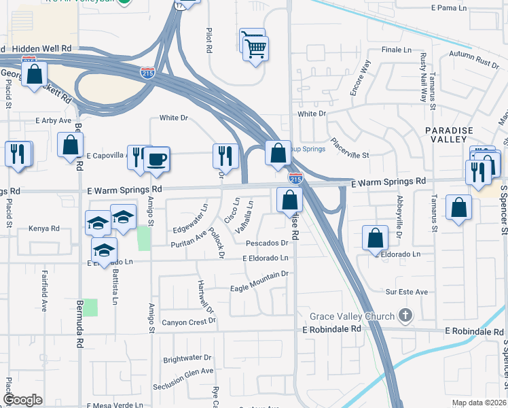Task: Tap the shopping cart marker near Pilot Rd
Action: (255, 48)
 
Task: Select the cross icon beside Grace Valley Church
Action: (405, 316)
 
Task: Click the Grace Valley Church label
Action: (352, 316)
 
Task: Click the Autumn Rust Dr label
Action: (473, 58)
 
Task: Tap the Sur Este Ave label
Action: (407, 292)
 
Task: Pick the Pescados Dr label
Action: (268, 243)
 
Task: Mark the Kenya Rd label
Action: (45, 228)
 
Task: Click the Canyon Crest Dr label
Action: (187, 321)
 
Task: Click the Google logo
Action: (22, 400)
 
